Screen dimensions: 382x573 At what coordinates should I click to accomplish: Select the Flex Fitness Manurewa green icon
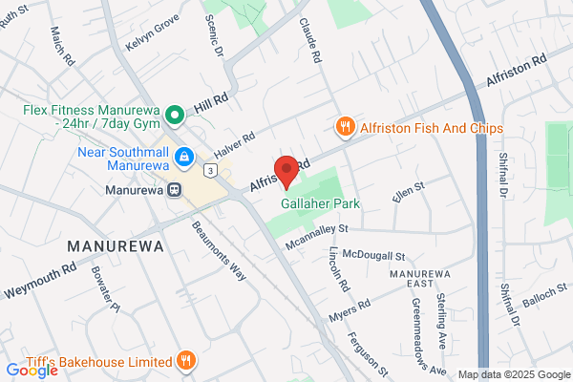tap(174, 117)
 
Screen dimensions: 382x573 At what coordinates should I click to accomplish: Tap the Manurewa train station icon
tap(175, 188)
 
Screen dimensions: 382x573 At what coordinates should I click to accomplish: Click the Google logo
tap(31, 371)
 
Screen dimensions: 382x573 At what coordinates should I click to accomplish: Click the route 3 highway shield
tap(210, 170)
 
